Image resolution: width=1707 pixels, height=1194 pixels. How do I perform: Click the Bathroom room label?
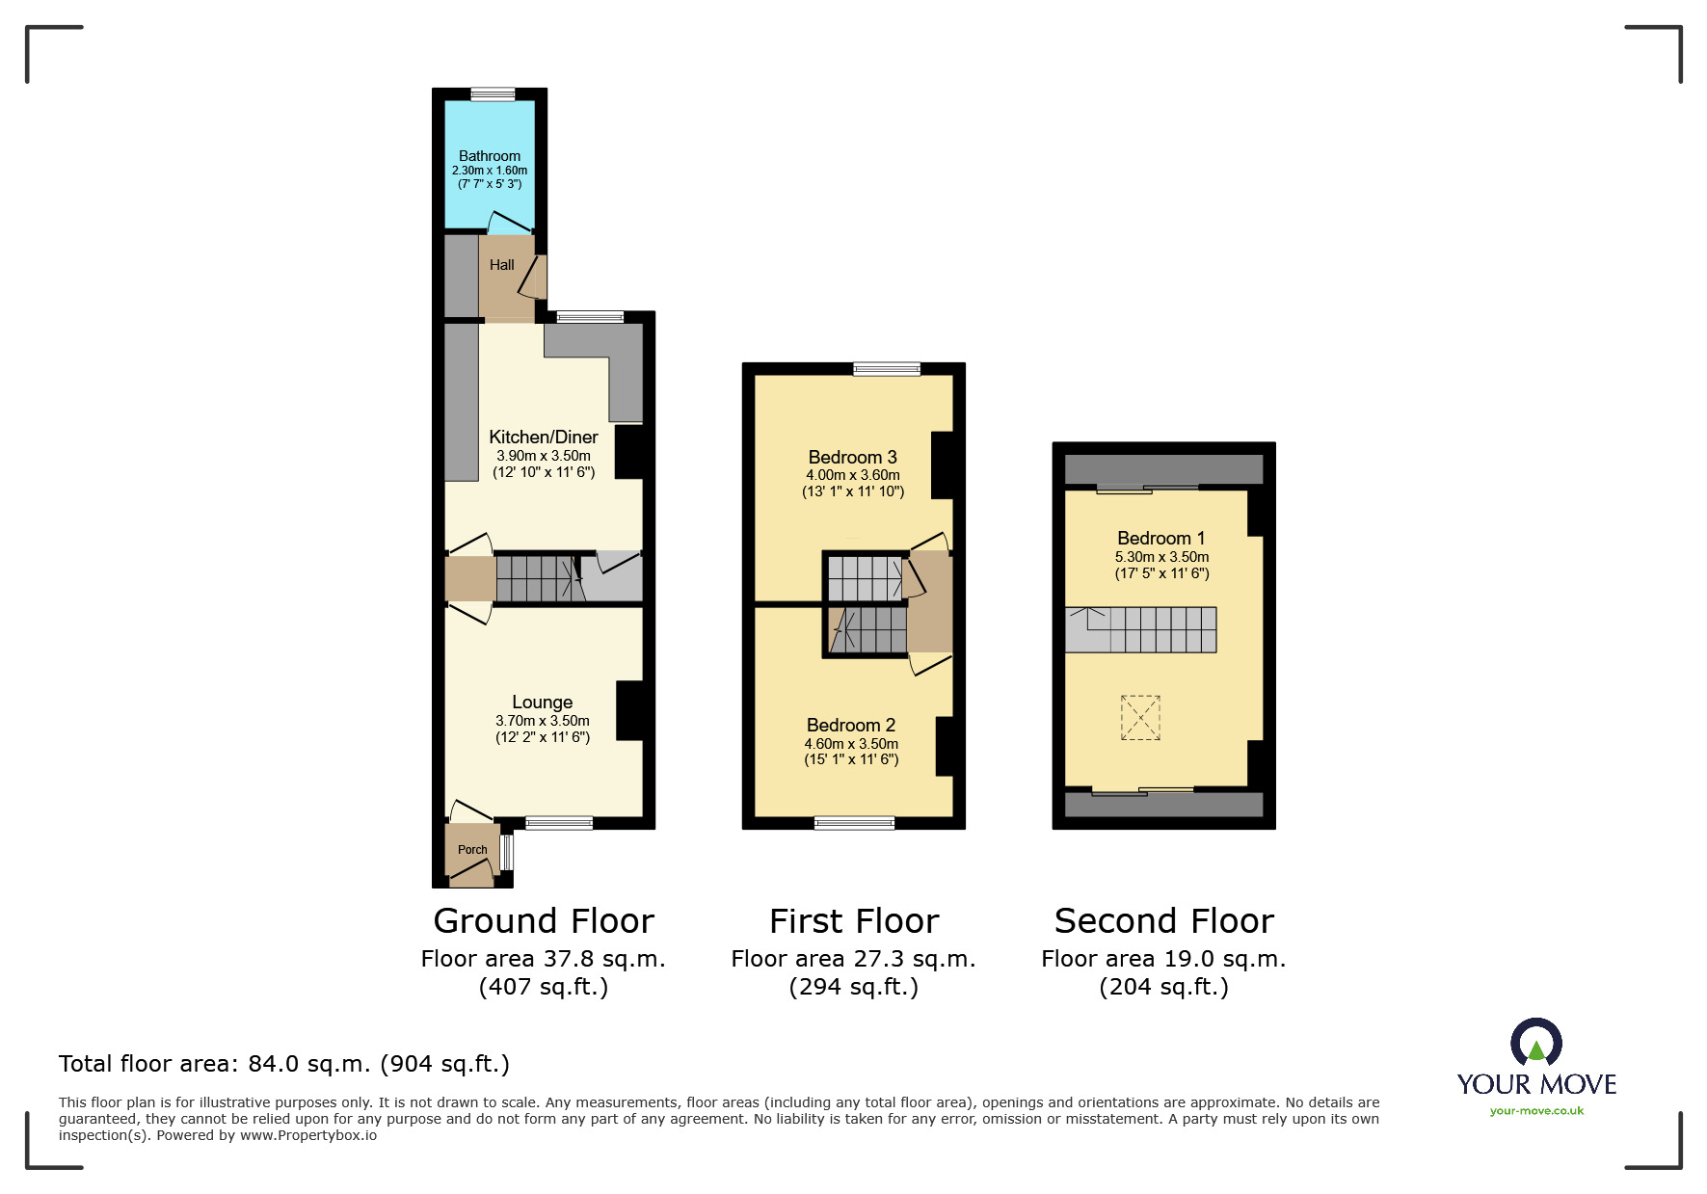pos(490,156)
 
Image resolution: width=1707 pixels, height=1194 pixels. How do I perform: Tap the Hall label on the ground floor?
pos(501,265)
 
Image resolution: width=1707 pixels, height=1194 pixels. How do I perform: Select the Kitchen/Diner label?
pos(544,438)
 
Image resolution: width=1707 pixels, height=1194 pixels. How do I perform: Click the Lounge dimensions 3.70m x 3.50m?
pos(543,721)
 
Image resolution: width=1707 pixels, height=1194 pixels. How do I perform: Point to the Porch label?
pos(472,850)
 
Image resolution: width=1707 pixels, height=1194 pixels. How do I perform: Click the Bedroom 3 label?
pos(852,458)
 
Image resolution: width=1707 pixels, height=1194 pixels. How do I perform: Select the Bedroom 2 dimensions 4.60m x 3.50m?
pos(851,744)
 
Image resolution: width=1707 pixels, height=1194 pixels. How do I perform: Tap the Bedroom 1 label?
pos(1160,539)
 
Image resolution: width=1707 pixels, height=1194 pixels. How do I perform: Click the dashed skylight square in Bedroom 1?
pos(1140,718)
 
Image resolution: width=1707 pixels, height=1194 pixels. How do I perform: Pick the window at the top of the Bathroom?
pos(493,94)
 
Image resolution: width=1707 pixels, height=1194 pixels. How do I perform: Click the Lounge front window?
pos(559,823)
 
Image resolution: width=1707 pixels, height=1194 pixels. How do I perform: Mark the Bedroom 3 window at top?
pos(887,368)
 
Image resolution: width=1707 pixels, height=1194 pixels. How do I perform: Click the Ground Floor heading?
pos(544,921)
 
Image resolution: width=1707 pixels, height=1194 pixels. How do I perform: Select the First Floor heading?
pos(854,921)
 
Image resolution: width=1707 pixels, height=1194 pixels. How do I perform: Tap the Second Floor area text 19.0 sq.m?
pos(1163,959)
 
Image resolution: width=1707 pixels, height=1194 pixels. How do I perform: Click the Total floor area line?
pos(284,1064)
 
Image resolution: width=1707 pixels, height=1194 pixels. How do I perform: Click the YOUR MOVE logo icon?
pos(1536,1044)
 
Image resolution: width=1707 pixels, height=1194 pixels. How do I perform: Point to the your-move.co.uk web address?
pos(1536,1111)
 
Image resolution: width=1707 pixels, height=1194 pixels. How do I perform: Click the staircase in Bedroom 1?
pos(1140,630)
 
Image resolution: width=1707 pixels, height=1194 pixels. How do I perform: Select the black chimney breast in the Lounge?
pos(629,711)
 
